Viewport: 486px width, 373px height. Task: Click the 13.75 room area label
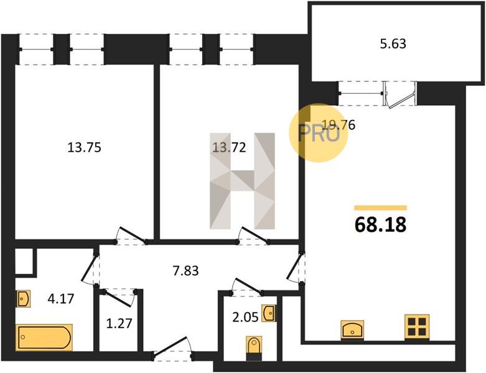(84, 147)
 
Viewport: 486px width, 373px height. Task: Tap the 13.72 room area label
(230, 147)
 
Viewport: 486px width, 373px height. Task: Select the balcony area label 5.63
(393, 44)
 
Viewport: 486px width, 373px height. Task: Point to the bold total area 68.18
(380, 224)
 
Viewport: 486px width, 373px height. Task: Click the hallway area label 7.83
(185, 271)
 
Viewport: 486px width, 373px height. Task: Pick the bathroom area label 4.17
(61, 298)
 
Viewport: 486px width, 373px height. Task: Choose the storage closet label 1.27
(119, 324)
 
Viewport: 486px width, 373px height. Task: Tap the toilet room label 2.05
(245, 317)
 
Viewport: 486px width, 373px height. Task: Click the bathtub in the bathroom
(44, 337)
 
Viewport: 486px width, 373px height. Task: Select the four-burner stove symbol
(417, 326)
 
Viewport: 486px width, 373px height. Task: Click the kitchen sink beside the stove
(352, 329)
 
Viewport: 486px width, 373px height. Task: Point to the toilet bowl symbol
(254, 348)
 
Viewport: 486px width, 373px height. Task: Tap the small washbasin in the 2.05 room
(268, 313)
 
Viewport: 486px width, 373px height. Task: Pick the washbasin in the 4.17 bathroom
(24, 298)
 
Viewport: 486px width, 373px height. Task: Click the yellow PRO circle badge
(319, 133)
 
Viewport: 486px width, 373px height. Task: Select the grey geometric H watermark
(242, 181)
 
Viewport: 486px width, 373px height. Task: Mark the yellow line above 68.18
(380, 208)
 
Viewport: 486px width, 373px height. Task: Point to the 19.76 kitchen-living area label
(339, 125)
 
